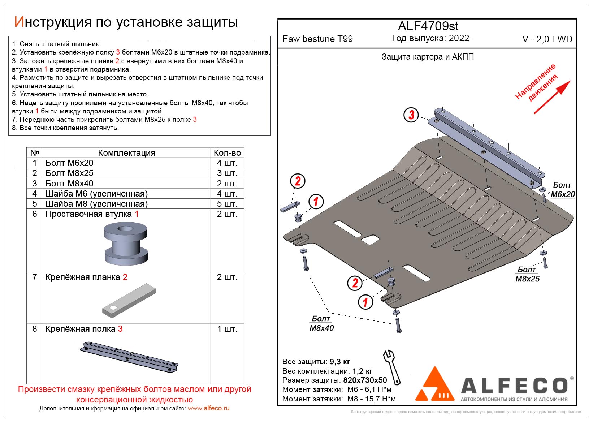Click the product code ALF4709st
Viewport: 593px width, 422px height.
[428, 26]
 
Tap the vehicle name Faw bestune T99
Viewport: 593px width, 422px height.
[317, 39]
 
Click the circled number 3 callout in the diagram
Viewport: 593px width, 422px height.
[411, 115]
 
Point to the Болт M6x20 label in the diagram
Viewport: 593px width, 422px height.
[562, 190]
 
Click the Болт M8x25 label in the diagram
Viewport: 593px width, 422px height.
[527, 274]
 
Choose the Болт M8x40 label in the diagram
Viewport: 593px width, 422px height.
[321, 323]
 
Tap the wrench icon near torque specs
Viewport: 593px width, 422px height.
[391, 366]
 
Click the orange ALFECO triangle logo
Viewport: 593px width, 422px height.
[435, 385]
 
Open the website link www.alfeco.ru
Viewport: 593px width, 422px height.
[208, 408]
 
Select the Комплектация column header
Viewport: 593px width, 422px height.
[126, 153]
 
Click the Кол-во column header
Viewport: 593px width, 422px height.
[227, 153]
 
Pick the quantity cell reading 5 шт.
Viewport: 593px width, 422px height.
[227, 204]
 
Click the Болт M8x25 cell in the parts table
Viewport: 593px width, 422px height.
[69, 173]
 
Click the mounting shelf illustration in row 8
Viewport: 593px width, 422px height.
[129, 356]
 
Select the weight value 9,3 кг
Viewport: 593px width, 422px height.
[340, 362]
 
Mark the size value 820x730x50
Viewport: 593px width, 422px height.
[365, 380]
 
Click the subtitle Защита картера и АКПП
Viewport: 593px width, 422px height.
[428, 57]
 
